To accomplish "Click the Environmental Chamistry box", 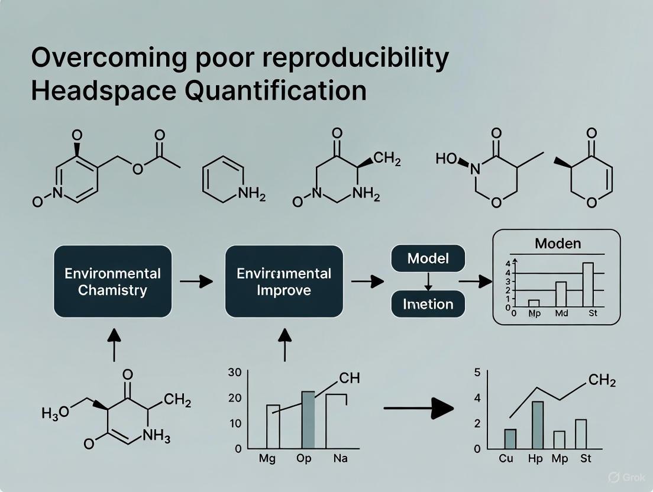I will [112, 281].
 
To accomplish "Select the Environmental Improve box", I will [284, 281].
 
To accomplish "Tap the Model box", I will [428, 258].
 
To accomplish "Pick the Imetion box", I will [428, 305].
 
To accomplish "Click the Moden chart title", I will [557, 243].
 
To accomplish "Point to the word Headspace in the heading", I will [95, 90].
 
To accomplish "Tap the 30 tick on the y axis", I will [235, 373].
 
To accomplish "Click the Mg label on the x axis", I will [267, 459].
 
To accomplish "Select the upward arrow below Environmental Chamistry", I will [114, 344].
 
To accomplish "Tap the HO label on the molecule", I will [450, 158].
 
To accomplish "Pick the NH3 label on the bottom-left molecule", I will [157, 438].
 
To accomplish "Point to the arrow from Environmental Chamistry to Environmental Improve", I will [196, 281].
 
